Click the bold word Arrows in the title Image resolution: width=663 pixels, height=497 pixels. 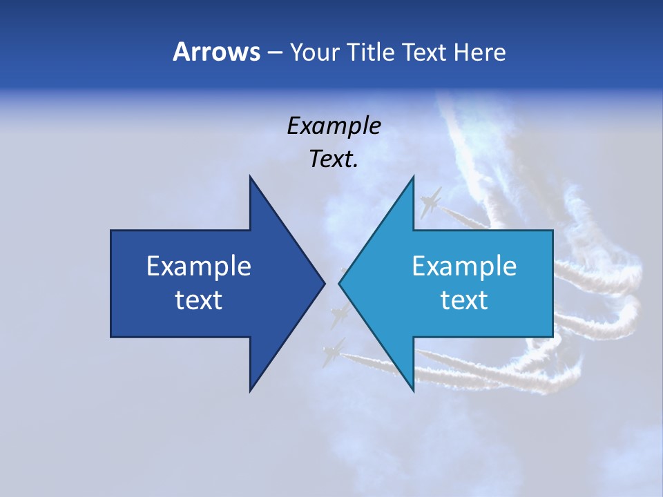click(x=216, y=52)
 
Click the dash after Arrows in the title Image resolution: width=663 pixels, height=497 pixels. click(x=274, y=53)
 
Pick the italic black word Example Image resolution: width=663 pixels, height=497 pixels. click(x=334, y=126)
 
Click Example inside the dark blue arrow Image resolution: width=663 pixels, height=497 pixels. click(x=199, y=266)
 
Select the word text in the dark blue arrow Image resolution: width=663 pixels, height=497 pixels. click(x=199, y=300)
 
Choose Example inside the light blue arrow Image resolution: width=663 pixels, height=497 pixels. click(x=464, y=266)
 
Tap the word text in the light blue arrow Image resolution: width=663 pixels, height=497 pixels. click(x=464, y=300)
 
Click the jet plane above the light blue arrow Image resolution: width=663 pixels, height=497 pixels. click(x=430, y=202)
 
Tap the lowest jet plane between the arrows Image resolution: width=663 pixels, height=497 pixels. click(x=334, y=349)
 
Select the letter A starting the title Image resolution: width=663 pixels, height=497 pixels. click(x=180, y=52)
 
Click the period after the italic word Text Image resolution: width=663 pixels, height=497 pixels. click(x=356, y=166)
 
